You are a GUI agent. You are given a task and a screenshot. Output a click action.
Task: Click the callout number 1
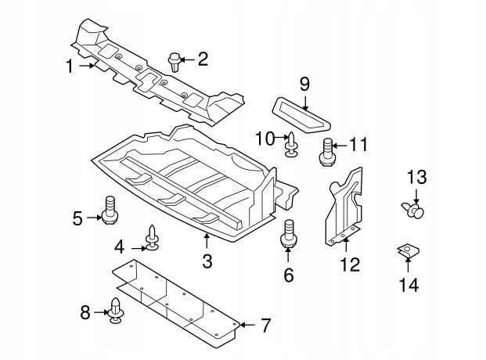(70, 66)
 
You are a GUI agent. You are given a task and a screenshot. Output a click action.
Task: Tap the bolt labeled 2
(175, 62)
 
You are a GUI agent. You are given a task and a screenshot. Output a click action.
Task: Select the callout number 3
(207, 261)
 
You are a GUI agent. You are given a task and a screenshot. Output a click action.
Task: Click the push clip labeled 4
(152, 238)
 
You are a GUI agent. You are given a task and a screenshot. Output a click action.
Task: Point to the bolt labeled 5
(110, 210)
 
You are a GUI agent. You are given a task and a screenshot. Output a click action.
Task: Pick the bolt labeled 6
(289, 233)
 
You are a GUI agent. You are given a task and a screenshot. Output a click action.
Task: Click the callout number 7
(265, 326)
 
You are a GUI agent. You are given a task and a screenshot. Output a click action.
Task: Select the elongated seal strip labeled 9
(301, 115)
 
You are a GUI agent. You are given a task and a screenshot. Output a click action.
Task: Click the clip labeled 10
(292, 145)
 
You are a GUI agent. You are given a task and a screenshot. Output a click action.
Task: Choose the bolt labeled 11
(327, 153)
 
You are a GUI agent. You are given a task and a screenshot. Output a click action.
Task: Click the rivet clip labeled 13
(413, 210)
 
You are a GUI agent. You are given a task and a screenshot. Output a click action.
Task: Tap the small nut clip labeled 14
(408, 250)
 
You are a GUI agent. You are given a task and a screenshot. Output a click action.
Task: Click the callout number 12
(351, 265)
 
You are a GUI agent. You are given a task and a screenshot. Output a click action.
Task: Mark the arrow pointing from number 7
(247, 325)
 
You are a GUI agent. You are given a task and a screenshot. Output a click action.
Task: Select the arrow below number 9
(305, 103)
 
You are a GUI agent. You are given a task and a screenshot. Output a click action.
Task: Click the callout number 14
(409, 285)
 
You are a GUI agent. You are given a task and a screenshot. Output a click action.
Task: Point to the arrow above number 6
(288, 254)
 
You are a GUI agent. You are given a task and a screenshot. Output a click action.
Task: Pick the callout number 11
(358, 145)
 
